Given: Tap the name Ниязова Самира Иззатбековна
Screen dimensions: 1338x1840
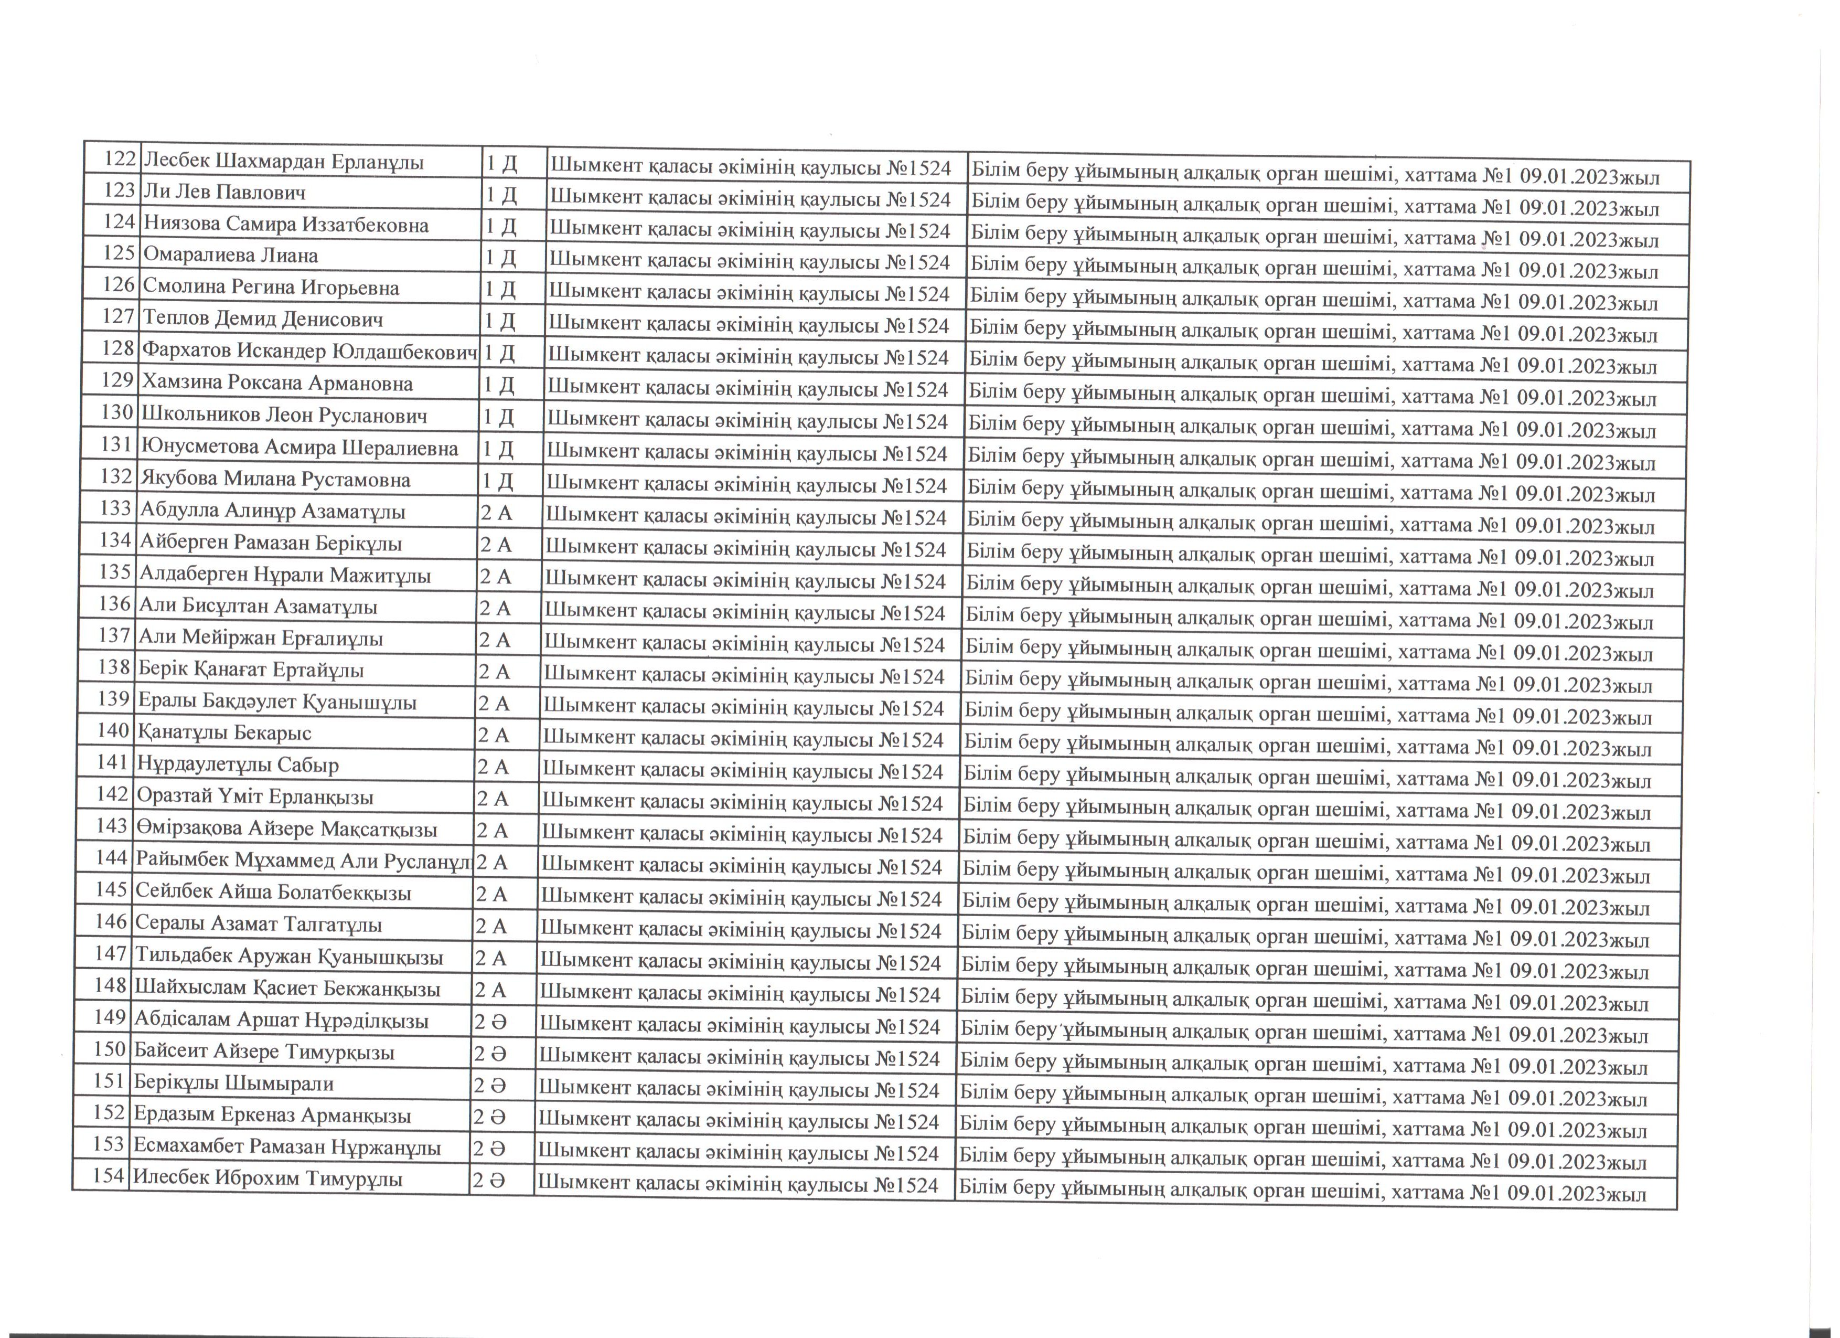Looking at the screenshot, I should click(285, 224).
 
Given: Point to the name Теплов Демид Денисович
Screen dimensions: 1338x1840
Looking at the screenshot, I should click(262, 320).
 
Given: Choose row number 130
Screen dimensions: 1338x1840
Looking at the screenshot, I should click(117, 413).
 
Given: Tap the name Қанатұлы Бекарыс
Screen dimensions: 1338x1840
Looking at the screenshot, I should click(224, 732).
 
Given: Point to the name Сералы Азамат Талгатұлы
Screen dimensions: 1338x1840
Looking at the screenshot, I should click(259, 924).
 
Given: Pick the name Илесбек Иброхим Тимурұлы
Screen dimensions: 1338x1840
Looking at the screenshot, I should click(268, 1178).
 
